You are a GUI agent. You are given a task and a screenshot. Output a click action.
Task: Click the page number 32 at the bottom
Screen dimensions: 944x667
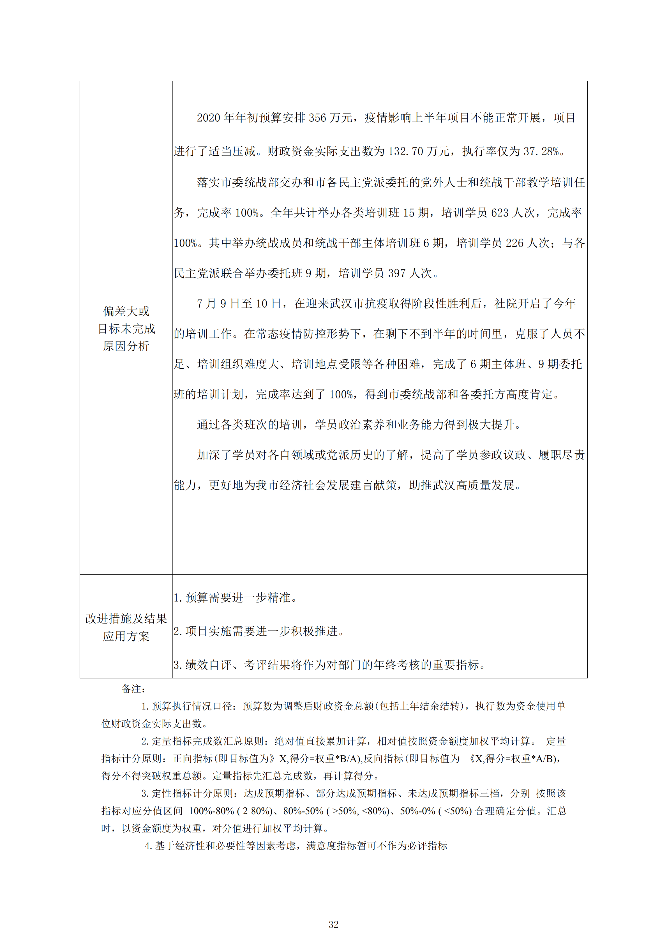(334, 924)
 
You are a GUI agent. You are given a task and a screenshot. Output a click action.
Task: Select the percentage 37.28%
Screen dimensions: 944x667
(541, 152)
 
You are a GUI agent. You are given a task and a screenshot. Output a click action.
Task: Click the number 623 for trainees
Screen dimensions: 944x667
(500, 213)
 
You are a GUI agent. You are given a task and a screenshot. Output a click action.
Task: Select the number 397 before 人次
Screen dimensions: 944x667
(397, 273)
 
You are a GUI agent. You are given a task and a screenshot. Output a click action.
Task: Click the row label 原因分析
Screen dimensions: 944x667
(126, 346)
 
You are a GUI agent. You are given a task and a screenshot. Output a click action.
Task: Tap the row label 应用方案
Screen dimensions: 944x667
(126, 636)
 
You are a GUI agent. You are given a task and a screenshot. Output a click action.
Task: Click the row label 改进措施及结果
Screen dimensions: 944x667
(126, 619)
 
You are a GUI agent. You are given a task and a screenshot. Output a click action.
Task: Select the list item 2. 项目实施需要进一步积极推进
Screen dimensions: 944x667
(259, 631)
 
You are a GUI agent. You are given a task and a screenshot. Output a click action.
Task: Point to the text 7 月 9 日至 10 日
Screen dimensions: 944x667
(239, 304)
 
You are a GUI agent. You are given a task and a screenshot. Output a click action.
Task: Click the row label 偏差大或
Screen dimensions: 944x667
(126, 311)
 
